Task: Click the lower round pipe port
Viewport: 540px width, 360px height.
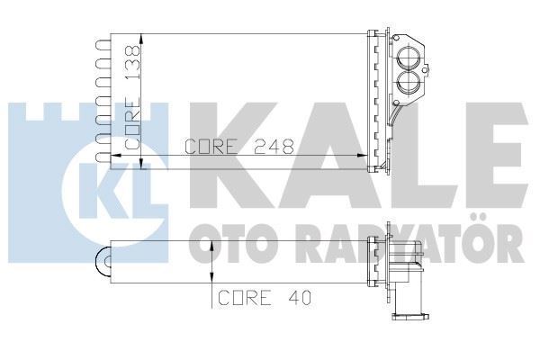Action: coord(408,85)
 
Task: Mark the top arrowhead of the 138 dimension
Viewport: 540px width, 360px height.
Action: coord(142,38)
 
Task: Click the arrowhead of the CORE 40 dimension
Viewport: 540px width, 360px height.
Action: coord(211,248)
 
